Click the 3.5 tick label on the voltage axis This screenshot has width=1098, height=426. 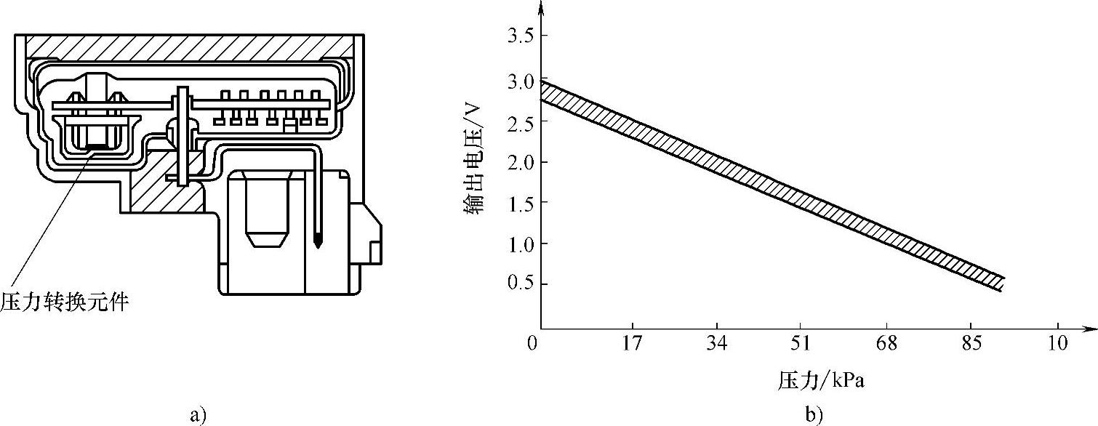pos(521,36)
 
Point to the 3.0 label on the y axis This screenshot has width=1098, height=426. pos(521,81)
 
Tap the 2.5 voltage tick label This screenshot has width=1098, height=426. pos(521,122)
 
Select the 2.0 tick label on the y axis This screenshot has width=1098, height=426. pos(521,162)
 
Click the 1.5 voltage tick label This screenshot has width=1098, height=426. pos(521,203)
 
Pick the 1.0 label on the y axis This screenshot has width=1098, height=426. pos(521,244)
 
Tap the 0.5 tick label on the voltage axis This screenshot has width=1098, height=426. pos(521,284)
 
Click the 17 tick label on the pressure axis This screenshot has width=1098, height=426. pos(632,343)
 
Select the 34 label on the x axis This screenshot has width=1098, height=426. pos(717,343)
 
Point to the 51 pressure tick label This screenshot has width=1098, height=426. pos(800,343)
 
